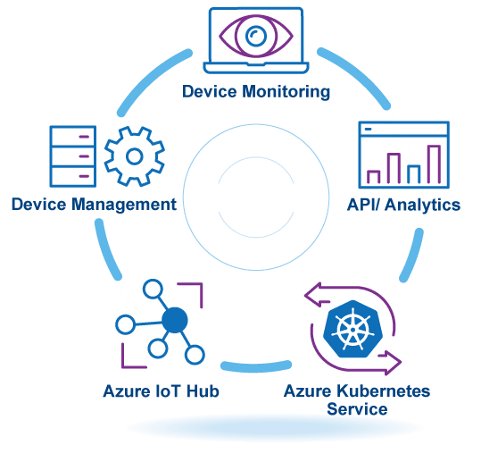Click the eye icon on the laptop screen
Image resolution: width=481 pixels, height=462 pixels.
pos(256,37)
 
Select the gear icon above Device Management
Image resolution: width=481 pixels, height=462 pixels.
pos(135,156)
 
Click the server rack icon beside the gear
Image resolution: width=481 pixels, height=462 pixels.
pos(73,156)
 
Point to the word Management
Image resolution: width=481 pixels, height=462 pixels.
pos(124,205)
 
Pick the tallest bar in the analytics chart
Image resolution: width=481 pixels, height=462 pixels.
pos(434,164)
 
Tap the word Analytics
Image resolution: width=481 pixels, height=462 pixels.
pos(422,206)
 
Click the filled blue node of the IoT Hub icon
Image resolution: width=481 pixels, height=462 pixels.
pos(175,320)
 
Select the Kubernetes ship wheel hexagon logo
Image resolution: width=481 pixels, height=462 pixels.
pos(352,329)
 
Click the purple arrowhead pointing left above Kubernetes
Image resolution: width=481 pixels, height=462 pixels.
pos(316,295)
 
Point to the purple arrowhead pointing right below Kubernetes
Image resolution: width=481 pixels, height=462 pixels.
pos(390,363)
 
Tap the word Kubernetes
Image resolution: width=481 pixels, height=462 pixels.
pos(383,391)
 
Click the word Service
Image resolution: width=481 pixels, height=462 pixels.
pos(357,409)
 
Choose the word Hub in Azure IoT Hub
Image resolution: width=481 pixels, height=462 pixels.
pos(203,391)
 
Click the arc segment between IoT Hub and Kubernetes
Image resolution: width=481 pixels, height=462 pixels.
pos(256,366)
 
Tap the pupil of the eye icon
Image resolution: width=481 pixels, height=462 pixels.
pos(256,37)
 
